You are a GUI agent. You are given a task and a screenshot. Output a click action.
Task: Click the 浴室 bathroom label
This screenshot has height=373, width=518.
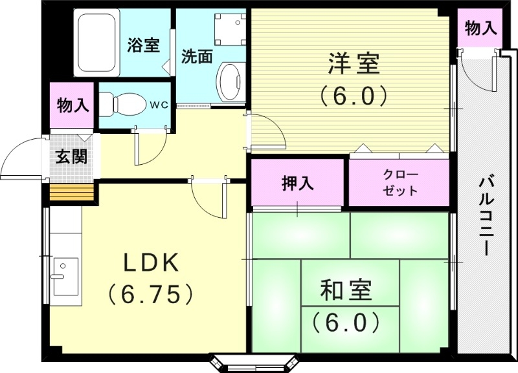coord(143,45)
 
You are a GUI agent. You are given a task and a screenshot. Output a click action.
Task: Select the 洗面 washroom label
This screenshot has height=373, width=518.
coord(196,56)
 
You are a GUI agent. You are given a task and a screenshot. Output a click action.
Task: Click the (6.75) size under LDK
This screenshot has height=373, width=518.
coord(151,294)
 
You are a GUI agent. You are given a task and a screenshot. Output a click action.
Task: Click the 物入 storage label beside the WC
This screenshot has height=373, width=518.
coord(73,104)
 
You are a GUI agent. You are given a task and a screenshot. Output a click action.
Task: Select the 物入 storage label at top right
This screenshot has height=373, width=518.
coord(480,28)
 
